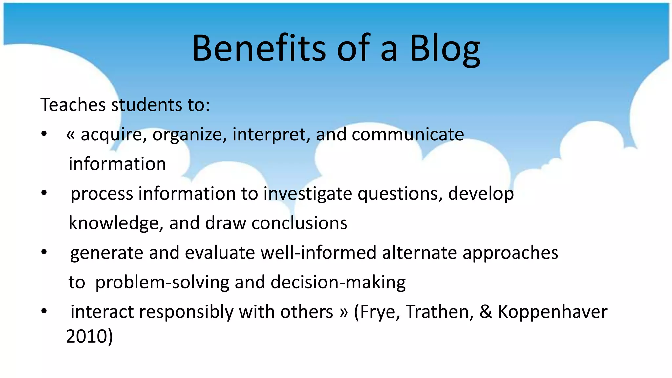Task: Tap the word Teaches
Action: [73, 105]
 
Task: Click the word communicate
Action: [408, 135]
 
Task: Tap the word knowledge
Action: [114, 223]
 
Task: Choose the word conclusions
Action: [299, 223]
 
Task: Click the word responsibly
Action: [186, 312]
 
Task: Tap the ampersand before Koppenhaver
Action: [486, 312]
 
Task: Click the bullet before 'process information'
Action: [44, 193]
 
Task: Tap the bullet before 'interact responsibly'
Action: [44, 311]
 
